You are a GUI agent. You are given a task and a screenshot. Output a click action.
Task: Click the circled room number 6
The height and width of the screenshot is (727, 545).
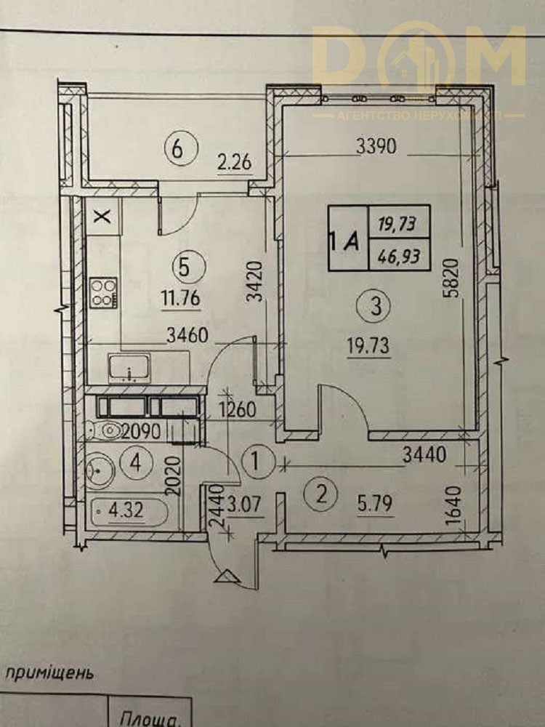coord(181,148)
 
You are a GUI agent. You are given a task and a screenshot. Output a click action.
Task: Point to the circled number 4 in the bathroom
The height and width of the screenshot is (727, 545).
coord(135,462)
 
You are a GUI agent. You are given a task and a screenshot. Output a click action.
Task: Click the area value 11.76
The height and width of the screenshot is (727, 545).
coord(181,297)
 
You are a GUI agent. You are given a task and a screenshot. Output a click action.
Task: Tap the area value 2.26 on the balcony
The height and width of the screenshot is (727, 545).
coord(235,163)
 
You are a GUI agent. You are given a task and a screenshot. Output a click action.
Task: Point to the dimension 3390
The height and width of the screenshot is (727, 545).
coord(376,146)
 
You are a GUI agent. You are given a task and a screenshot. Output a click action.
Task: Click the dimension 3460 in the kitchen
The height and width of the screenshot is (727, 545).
coord(187,334)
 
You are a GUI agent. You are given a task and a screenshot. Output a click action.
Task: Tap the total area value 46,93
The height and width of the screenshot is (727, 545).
coord(398,255)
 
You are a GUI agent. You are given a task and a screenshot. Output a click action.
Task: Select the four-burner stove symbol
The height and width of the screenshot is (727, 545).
coord(104,292)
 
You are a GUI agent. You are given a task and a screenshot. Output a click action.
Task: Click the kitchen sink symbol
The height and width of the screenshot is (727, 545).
coord(130,368)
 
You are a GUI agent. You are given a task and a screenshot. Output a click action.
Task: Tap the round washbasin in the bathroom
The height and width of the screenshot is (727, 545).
coord(100,469)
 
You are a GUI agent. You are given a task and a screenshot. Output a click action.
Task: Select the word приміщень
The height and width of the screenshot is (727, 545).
coord(49,674)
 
